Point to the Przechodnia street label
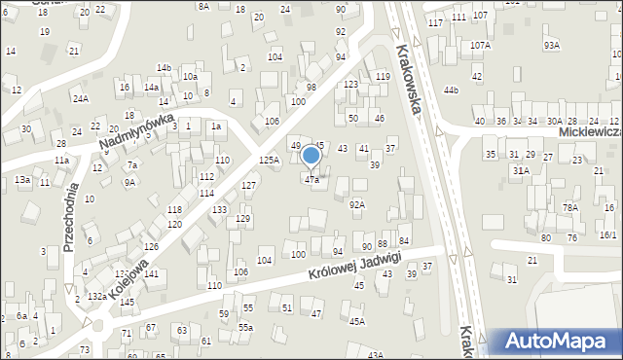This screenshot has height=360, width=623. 69,220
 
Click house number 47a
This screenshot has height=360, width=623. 311,180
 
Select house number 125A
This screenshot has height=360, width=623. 270,159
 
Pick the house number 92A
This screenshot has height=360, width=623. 357,204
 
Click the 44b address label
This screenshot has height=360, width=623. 450,90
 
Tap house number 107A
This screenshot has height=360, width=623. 480,45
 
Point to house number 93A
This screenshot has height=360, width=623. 552,45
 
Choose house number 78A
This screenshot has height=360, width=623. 569,207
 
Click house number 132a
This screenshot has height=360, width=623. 96,295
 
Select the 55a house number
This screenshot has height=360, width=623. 246,327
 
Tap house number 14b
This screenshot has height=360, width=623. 164,67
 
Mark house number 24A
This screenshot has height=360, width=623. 80,98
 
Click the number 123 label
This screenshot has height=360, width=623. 351,85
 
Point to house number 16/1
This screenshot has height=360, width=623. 608,235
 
